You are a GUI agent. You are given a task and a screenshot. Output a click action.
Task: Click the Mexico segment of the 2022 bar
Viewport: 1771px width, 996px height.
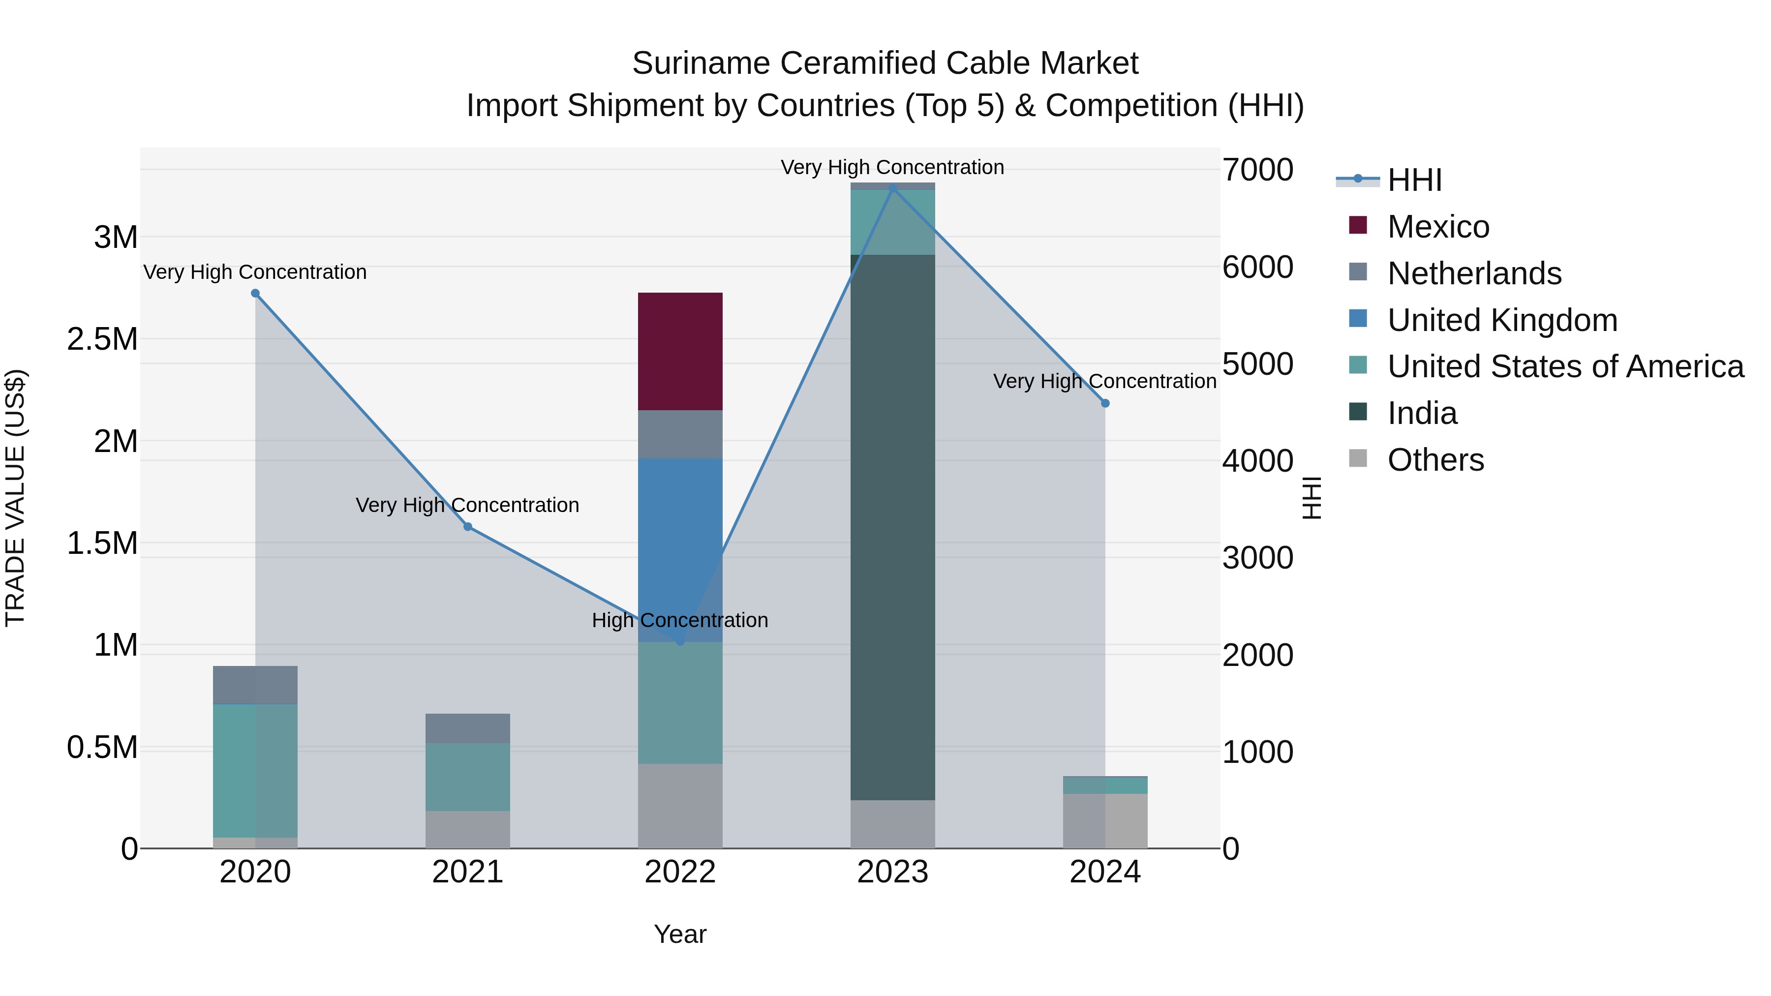pos(680,351)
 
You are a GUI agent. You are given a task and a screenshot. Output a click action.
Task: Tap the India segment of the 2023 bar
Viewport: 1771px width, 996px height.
pos(892,527)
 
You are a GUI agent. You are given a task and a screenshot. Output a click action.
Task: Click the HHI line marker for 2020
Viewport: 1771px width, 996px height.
pos(255,294)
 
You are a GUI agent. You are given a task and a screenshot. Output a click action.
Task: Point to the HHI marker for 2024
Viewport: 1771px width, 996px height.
pos(1105,403)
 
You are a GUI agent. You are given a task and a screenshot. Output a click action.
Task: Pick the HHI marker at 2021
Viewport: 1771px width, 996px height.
pos(467,526)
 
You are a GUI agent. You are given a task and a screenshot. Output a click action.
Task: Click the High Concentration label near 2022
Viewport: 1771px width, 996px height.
pos(680,620)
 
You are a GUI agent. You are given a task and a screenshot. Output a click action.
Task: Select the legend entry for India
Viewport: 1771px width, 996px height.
pos(1421,413)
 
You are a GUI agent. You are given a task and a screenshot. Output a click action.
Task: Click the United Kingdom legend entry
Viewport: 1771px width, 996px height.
pos(1502,320)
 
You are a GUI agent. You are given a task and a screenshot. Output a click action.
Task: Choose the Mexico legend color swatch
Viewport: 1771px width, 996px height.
pos(1358,225)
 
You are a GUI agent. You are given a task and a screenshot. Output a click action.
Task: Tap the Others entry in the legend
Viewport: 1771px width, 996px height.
pos(1435,460)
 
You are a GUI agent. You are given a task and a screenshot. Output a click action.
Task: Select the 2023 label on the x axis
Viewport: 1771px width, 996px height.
pos(892,872)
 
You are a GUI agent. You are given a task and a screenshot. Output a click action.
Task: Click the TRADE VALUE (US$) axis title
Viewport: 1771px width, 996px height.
pos(15,498)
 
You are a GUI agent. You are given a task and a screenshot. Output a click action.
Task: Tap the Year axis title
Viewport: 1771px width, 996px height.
pos(680,934)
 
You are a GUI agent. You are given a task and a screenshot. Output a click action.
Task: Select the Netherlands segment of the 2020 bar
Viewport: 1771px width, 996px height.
pos(255,685)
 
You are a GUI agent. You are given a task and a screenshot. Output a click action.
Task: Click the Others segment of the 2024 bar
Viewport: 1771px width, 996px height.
pos(1105,821)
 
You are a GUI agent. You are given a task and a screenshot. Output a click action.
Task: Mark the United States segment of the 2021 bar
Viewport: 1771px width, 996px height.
pos(467,777)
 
